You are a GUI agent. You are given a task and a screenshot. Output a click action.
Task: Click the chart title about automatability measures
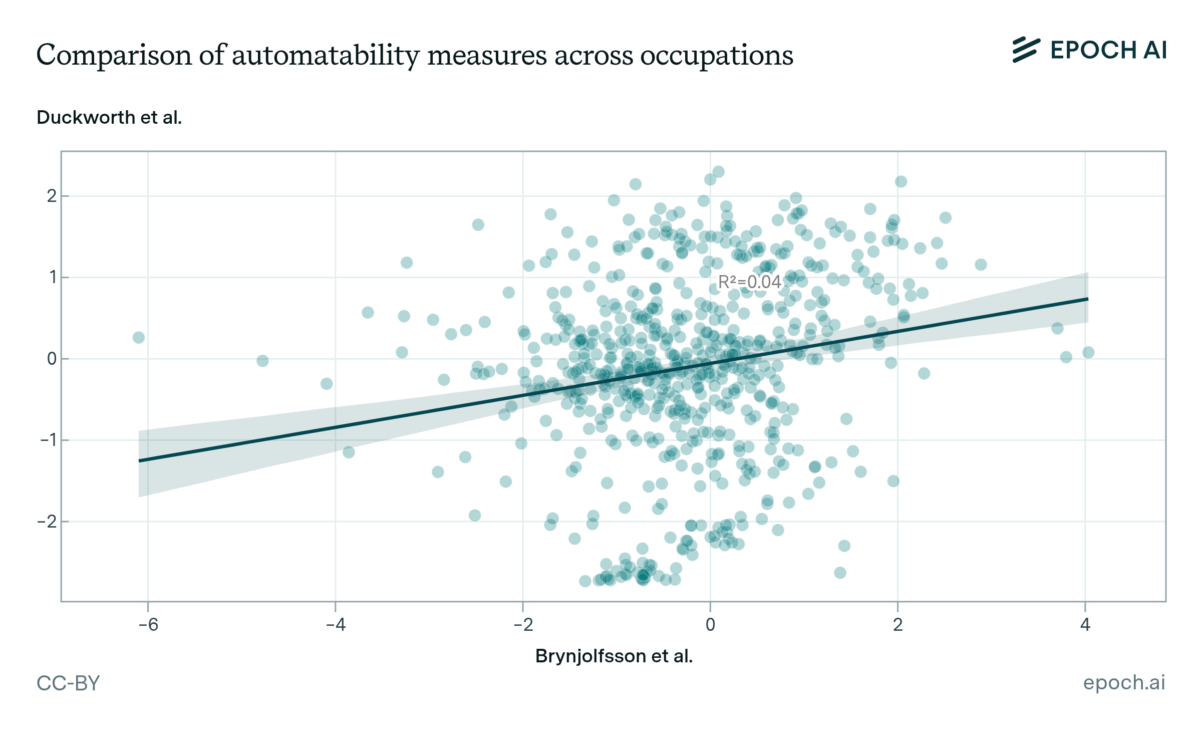(x=415, y=55)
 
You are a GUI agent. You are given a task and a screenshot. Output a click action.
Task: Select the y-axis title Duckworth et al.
(x=109, y=117)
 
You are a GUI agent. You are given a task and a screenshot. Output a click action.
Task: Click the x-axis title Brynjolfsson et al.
(x=614, y=656)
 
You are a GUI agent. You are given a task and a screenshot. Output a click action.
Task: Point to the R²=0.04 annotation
(x=749, y=282)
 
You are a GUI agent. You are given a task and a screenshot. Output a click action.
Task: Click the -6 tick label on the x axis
(x=148, y=625)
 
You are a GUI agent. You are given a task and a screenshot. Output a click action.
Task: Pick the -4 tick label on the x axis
(x=336, y=625)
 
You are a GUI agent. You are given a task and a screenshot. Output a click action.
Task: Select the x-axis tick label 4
(x=1085, y=625)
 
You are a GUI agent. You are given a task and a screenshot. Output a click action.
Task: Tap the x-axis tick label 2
(x=897, y=625)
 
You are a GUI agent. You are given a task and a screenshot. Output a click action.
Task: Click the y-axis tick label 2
(x=52, y=196)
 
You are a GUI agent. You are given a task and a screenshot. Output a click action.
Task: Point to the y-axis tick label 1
(x=53, y=277)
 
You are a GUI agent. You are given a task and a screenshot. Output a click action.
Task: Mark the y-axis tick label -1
(x=48, y=440)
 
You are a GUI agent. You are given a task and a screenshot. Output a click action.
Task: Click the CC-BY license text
(x=69, y=683)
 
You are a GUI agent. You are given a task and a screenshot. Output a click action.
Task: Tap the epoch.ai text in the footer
(x=1124, y=682)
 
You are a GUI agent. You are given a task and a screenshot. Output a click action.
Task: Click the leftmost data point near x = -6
(x=139, y=338)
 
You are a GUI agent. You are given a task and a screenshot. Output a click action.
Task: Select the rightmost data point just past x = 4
(x=1088, y=352)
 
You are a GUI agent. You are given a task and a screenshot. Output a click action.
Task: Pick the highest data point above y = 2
(x=718, y=172)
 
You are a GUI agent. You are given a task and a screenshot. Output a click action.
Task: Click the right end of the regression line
(x=1087, y=299)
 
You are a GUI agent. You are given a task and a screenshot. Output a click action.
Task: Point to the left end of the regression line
(x=140, y=460)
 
